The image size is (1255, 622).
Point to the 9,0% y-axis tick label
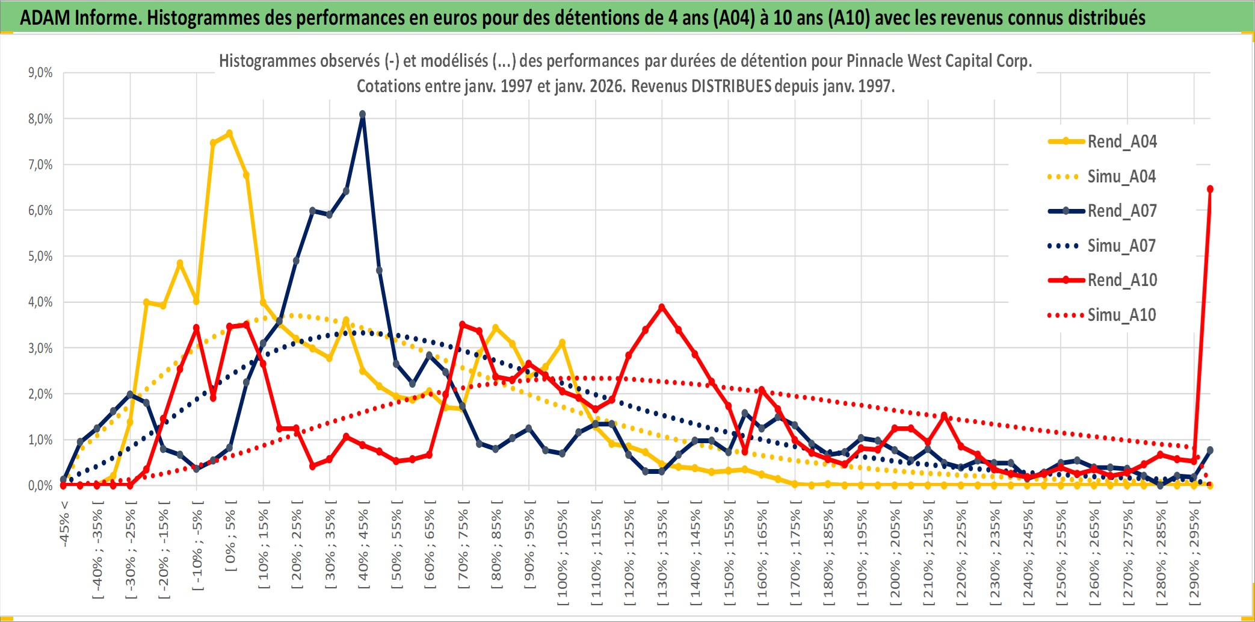click(40, 73)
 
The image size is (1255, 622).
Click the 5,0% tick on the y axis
click(40, 257)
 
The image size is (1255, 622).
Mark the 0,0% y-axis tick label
click(40, 486)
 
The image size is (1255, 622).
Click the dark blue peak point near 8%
click(362, 114)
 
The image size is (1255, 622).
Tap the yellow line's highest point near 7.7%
click(229, 133)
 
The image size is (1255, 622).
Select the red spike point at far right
click(1210, 189)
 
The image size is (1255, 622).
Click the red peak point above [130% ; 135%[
click(662, 307)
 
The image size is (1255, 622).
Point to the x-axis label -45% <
click(64, 524)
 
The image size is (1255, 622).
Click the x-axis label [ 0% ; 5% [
click(231, 540)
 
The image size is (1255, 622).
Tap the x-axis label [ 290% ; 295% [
click(1195, 557)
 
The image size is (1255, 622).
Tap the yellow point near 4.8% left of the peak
click(179, 263)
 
